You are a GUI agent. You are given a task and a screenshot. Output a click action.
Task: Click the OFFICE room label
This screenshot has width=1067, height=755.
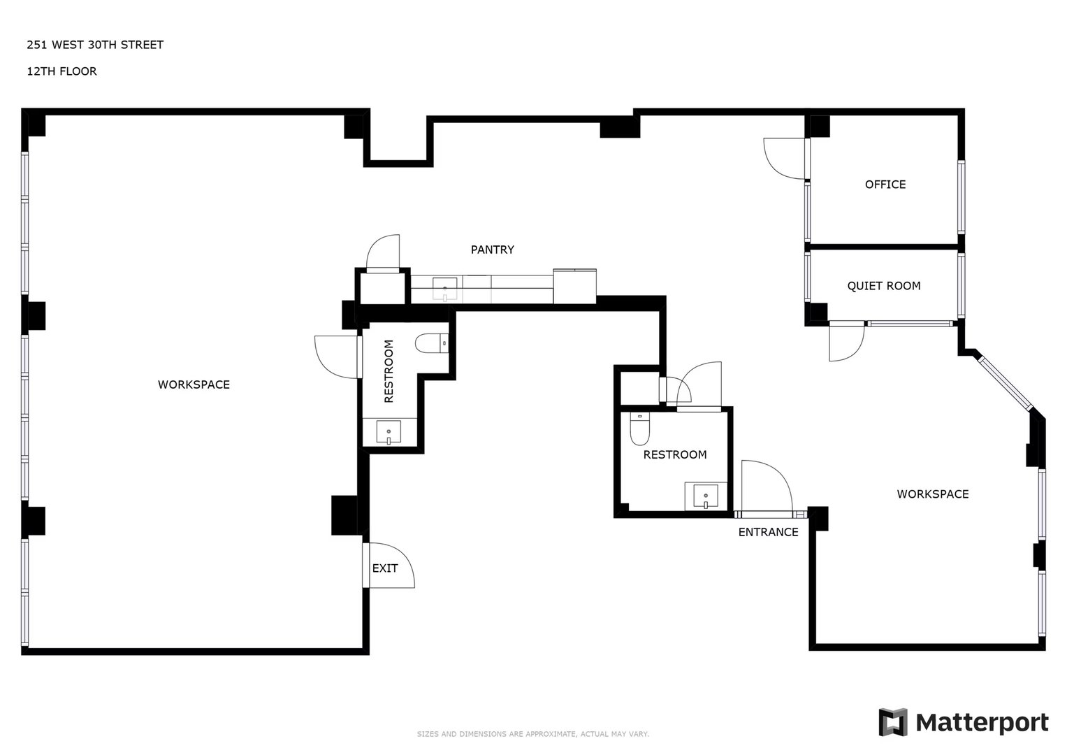click(x=885, y=185)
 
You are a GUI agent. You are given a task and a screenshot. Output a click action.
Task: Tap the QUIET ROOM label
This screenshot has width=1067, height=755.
click(x=884, y=286)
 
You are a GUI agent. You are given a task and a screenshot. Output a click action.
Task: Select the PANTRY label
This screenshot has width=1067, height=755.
click(x=492, y=250)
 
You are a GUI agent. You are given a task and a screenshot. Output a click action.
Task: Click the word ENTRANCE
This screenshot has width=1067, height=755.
click(x=768, y=532)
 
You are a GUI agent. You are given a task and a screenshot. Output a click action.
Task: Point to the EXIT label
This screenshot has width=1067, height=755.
click(x=385, y=568)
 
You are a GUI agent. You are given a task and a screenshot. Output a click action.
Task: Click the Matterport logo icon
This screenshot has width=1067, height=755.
click(x=892, y=722)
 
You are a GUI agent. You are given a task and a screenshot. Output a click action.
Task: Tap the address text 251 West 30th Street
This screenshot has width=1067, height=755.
click(x=95, y=45)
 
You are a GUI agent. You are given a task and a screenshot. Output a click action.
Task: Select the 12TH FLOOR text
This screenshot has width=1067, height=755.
click(x=61, y=71)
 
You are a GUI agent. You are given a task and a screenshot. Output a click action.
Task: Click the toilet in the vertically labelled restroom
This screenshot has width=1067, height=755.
click(x=432, y=343)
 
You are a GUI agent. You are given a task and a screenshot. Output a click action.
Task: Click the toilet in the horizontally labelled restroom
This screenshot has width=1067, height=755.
click(x=640, y=429)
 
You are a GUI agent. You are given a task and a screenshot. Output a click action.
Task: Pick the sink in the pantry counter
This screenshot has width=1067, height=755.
click(x=445, y=289)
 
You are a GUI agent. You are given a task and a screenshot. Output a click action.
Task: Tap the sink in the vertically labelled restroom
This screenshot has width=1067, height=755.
click(x=389, y=432)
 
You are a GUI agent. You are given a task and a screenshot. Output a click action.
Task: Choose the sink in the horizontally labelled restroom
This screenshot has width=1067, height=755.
click(x=706, y=496)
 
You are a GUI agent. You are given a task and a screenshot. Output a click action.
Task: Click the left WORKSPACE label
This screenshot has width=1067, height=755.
click(x=194, y=384)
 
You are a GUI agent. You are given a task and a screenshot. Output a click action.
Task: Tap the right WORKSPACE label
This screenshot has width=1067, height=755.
click(x=933, y=494)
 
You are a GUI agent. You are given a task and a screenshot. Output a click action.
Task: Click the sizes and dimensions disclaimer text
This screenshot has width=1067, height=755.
click(x=533, y=734)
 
